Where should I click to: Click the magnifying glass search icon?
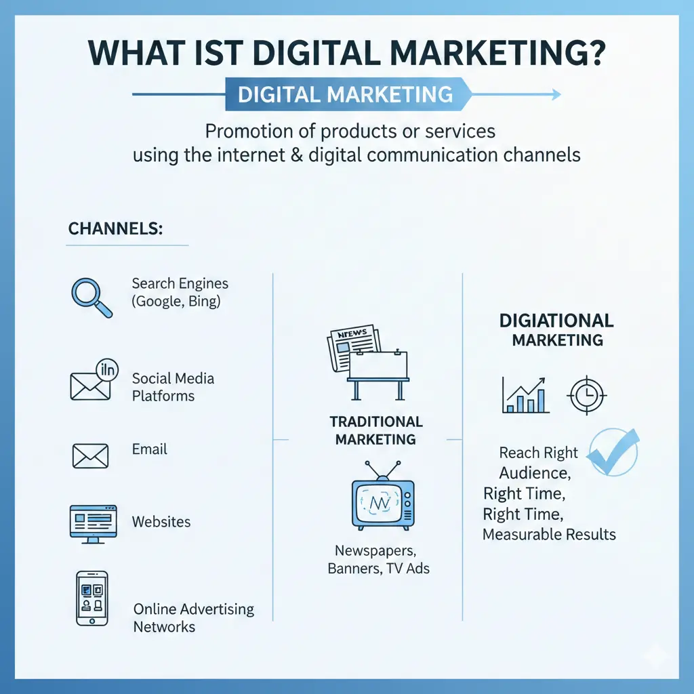point(91,295)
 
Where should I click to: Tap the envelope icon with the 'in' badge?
point(93,381)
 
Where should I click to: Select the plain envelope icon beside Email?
point(90,455)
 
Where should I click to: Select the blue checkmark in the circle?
point(612,450)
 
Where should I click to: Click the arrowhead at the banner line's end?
point(555,94)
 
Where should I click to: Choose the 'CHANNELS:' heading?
point(115,228)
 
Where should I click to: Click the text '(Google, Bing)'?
point(176,302)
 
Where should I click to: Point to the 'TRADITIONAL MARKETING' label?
point(376,430)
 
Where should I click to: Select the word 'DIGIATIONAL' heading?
point(556,320)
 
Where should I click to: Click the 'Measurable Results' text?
point(549,534)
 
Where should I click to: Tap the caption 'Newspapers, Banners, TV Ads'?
point(378,558)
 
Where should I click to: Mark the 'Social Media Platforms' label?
point(172,386)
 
